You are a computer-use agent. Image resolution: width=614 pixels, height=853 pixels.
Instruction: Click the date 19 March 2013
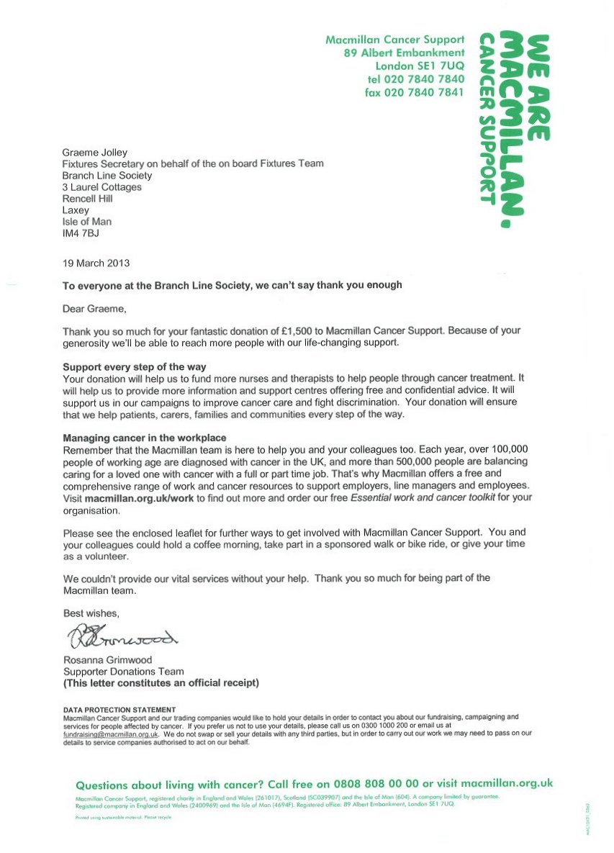pyautogui.click(x=96, y=263)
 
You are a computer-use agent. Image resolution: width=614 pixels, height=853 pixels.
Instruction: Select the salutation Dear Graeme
pyautogui.click(x=94, y=309)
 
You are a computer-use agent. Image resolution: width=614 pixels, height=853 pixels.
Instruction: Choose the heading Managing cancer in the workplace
pyautogui.click(x=145, y=438)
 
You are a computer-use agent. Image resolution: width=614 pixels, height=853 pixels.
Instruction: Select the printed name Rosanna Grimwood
pyautogui.click(x=108, y=660)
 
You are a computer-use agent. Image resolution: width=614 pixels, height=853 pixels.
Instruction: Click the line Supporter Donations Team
pyautogui.click(x=123, y=672)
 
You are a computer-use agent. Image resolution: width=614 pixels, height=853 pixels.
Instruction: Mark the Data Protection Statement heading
pyautogui.click(x=119, y=710)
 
